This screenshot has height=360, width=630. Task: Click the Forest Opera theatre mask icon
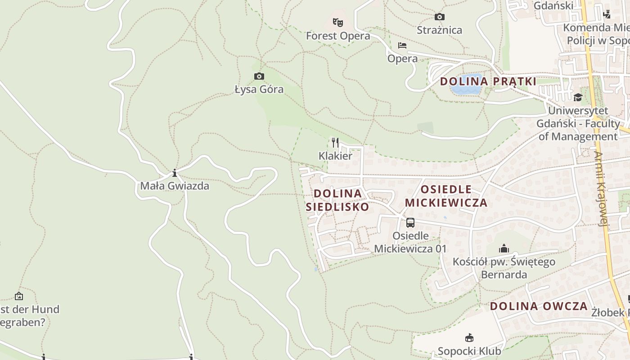point(338,22)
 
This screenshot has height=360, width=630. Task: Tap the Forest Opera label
point(338,36)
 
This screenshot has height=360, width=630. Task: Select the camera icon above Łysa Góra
point(259,76)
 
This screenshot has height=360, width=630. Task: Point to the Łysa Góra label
point(259,89)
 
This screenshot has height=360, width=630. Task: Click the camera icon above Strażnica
point(439,17)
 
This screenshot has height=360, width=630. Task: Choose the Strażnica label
point(439,30)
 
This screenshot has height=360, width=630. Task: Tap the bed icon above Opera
point(402,45)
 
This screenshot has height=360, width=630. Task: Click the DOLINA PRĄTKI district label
point(488,81)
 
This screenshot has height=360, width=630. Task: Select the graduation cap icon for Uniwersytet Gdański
point(578,97)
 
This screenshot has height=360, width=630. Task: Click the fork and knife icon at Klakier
point(335,143)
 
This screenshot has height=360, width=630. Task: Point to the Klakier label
point(335,156)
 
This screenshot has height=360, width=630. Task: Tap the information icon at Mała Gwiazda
point(174,173)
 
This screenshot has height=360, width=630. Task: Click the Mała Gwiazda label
point(175,185)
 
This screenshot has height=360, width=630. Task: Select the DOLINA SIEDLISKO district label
point(337,200)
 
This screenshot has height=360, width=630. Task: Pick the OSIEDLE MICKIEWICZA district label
point(446,196)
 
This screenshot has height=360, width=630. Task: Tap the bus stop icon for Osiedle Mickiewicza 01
point(410,222)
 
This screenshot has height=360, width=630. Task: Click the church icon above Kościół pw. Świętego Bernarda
point(504,248)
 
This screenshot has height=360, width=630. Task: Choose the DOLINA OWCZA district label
point(539,306)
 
